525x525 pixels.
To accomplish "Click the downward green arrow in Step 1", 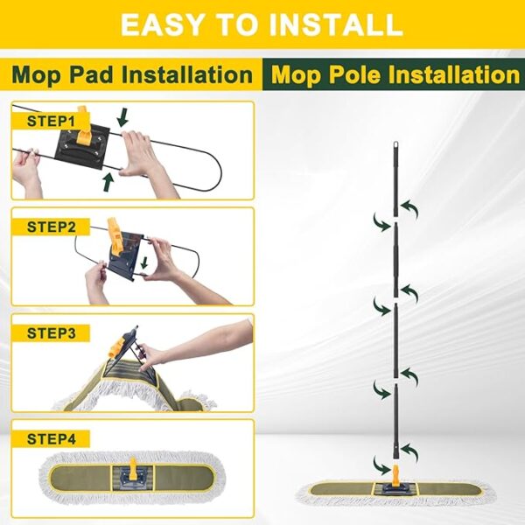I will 122,116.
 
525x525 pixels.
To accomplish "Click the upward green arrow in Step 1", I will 108,180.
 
